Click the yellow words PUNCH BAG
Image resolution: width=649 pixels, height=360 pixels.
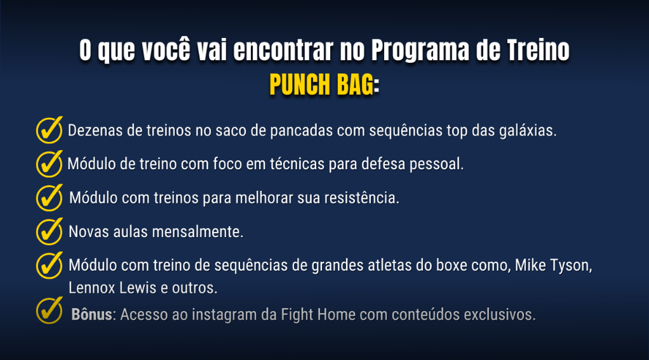click(x=321, y=84)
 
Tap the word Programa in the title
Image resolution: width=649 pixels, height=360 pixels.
click(x=420, y=51)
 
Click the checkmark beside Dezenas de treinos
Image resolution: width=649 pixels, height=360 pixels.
click(x=49, y=130)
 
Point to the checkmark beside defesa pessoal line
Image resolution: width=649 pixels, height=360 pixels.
click(x=49, y=164)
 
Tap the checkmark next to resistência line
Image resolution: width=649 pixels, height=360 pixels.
click(x=49, y=197)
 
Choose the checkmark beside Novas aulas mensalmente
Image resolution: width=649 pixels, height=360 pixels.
click(x=49, y=231)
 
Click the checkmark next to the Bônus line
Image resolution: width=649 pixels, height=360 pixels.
click(x=49, y=311)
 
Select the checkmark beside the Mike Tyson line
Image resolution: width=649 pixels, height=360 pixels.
click(x=49, y=265)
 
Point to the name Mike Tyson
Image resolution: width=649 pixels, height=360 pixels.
click(x=553, y=266)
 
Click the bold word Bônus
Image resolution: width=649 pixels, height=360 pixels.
click(x=91, y=314)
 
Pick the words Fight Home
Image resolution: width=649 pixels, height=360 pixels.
click(x=318, y=314)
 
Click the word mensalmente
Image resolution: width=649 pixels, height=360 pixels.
click(x=198, y=232)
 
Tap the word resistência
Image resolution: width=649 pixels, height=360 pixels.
click(x=361, y=198)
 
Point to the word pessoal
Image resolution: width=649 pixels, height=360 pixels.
click(x=436, y=164)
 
